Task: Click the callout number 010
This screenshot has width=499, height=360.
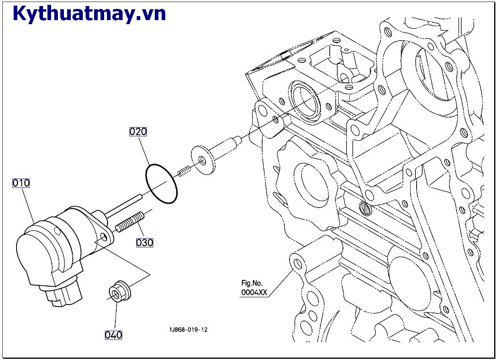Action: (21, 183)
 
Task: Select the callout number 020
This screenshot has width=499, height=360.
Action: (138, 132)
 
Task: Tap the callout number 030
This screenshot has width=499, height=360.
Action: (144, 243)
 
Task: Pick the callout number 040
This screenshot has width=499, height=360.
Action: (113, 335)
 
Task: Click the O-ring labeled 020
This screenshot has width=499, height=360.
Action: (161, 183)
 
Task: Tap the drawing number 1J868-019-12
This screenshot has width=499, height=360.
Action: (189, 330)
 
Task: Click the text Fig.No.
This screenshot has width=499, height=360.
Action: (252, 283)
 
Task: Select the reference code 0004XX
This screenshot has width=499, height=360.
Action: (254, 292)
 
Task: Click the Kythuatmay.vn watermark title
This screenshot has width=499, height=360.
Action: (89, 14)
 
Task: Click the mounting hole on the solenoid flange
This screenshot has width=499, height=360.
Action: (105, 237)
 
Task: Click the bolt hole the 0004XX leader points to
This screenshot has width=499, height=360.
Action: (298, 264)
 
